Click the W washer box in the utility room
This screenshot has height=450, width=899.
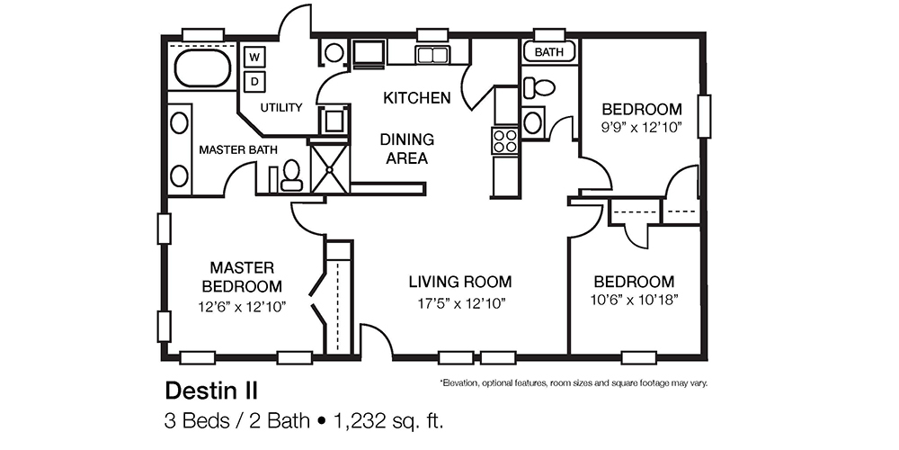pos(254,57)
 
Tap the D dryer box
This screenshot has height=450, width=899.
pos(254,82)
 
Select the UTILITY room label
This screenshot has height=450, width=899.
pos(281,108)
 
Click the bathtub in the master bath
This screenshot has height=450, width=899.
pos(203,67)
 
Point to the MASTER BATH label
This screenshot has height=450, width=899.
pos(238,149)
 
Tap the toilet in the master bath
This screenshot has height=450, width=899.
pos(291,175)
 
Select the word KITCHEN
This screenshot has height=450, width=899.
pos(417,97)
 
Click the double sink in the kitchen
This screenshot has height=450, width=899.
pos(432,55)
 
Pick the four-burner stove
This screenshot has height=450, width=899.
pos(505,140)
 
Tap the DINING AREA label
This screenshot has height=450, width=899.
pos(406,149)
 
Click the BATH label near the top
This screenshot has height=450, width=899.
pos(549,52)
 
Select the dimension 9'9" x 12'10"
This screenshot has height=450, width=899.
pos(642,127)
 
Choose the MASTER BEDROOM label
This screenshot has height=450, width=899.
pos(242,277)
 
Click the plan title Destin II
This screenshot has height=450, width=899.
pos(211,391)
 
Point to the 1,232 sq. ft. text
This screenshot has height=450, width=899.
pos(391,419)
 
